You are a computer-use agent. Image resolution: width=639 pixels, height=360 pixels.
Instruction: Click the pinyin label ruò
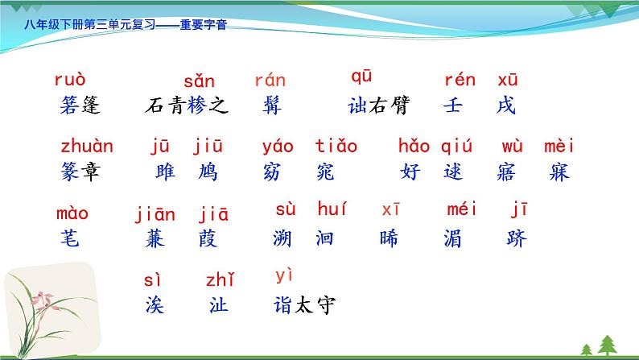[x=69, y=80]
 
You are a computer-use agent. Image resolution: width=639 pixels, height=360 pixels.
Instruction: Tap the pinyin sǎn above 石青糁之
[x=199, y=81]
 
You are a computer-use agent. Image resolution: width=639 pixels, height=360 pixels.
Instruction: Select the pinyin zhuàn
[x=87, y=147]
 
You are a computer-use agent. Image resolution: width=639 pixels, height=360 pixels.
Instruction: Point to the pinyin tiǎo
[x=336, y=147]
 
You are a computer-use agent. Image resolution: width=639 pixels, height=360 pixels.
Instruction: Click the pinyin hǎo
[x=414, y=147]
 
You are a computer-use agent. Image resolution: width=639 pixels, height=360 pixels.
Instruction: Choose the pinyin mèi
[x=559, y=147]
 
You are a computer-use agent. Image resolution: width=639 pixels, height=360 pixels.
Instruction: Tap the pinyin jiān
[x=155, y=214]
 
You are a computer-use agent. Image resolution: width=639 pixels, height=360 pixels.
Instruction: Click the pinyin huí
[x=332, y=210]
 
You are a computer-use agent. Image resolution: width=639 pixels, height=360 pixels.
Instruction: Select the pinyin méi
[x=461, y=210]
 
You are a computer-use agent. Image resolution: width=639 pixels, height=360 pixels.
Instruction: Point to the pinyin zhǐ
[x=220, y=279]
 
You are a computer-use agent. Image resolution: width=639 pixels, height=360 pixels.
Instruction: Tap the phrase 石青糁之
[x=188, y=106]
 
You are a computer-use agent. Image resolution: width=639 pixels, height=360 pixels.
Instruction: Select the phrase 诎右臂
[x=378, y=106]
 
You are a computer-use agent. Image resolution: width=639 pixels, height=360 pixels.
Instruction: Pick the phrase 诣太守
[x=303, y=305]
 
